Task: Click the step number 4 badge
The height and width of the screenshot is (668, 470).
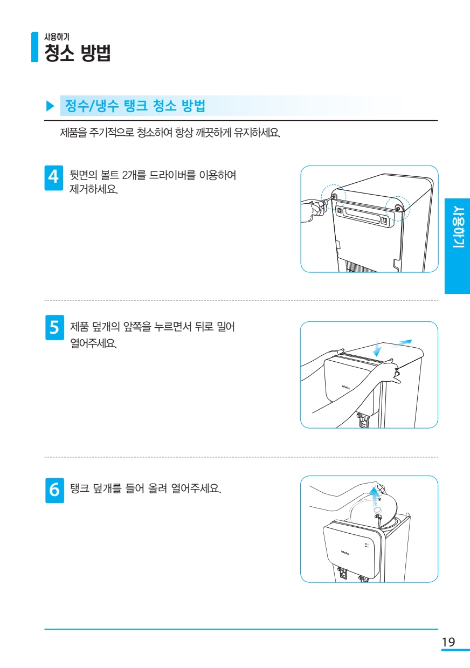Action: pyautogui.click(x=54, y=178)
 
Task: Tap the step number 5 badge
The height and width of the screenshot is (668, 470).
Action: pyautogui.click(x=54, y=327)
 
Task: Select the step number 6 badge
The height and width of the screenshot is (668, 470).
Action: pyautogui.click(x=54, y=490)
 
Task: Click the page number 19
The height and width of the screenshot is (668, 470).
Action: pyautogui.click(x=448, y=642)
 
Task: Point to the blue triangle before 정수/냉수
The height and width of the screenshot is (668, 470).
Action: pyautogui.click(x=51, y=106)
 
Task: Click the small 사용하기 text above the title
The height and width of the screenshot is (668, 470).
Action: pyautogui.click(x=57, y=37)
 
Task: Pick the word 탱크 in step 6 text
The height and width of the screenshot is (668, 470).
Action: pyautogui.click(x=80, y=488)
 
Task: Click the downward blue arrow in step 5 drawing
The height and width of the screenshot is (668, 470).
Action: pyautogui.click(x=377, y=347)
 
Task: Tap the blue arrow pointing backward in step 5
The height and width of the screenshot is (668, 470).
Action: pyautogui.click(x=401, y=343)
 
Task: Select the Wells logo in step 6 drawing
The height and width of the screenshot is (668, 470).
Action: pyautogui.click(x=345, y=553)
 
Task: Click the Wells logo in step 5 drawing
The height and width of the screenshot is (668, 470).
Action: pyautogui.click(x=345, y=387)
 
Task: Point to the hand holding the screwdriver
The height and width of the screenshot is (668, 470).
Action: pyautogui.click(x=312, y=211)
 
